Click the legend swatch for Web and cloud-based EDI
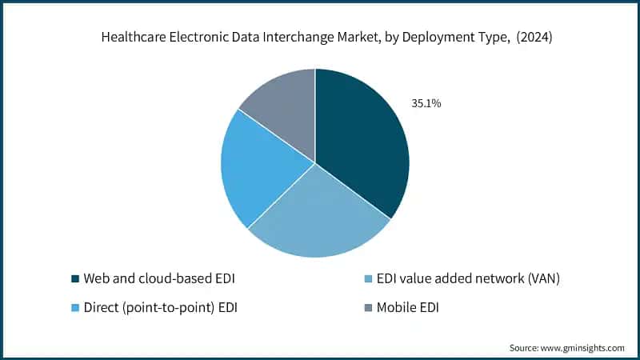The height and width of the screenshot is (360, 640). (74, 278)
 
